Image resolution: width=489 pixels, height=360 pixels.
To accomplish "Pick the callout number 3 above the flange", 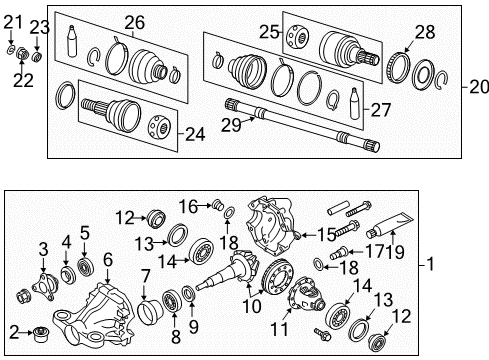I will [x=43, y=248].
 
